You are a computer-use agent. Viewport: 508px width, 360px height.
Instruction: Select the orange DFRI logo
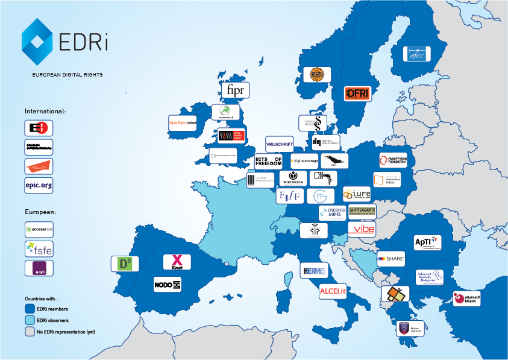click(x=357, y=93)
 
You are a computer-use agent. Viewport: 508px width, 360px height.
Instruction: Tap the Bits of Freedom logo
click(x=269, y=161)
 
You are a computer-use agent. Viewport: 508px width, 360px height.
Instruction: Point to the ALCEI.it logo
click(x=333, y=291)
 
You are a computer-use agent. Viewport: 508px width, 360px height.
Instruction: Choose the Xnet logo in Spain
click(x=177, y=262)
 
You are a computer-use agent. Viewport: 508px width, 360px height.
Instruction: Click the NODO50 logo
click(x=167, y=284)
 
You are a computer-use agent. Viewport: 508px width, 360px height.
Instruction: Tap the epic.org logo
click(x=39, y=185)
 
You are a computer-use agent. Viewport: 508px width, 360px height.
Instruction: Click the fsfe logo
click(x=39, y=248)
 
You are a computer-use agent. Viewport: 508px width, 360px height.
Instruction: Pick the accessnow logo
click(x=39, y=229)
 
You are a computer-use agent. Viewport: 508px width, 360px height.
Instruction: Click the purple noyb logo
click(x=39, y=268)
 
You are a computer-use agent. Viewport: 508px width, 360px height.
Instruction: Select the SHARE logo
click(x=391, y=259)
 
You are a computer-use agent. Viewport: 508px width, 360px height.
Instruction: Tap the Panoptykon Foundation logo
click(x=393, y=160)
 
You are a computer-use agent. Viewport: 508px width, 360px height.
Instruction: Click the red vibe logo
click(x=362, y=229)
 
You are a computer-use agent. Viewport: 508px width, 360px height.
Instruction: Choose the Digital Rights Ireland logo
click(x=183, y=123)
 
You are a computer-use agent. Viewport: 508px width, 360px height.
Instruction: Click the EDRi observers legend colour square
click(x=30, y=320)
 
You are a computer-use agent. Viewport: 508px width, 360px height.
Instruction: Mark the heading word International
click(x=45, y=112)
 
